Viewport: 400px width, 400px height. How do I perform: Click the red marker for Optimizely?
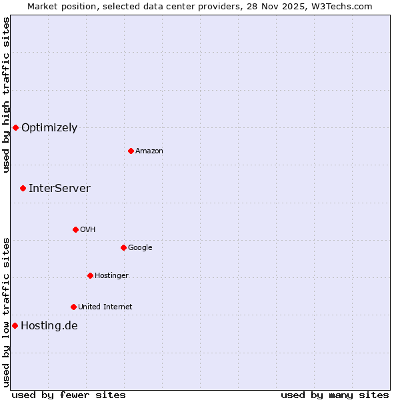pyautogui.click(x=15, y=127)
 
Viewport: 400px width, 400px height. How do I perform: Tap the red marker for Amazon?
pyautogui.click(x=131, y=151)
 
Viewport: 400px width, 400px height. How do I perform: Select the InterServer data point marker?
pyautogui.click(x=23, y=188)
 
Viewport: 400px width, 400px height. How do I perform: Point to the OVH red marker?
pyautogui.click(x=75, y=229)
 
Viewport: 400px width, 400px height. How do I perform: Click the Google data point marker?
pyautogui.click(x=123, y=247)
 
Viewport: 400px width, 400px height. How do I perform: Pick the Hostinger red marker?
pyautogui.click(x=90, y=275)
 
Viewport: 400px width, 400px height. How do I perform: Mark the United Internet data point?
pyautogui.click(x=73, y=307)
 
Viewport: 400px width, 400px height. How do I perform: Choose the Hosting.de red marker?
pyautogui.click(x=15, y=325)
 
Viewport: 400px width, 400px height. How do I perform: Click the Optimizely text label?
pyautogui.click(x=49, y=128)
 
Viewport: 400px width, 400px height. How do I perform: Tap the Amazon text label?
pyautogui.click(x=149, y=151)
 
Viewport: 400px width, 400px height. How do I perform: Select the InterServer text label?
pyautogui.click(x=59, y=189)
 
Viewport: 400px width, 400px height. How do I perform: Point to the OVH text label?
pyautogui.click(x=88, y=230)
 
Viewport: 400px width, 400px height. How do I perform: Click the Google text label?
pyautogui.click(x=140, y=248)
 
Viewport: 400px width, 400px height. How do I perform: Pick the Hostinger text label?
pyautogui.click(x=111, y=276)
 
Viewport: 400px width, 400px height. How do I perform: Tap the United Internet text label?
pyautogui.click(x=105, y=307)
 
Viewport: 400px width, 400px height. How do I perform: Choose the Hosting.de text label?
pyautogui.click(x=49, y=326)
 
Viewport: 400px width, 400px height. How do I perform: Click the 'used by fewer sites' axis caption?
pyautogui.click(x=69, y=395)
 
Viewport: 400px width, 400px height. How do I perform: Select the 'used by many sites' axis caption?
pyautogui.click(x=335, y=395)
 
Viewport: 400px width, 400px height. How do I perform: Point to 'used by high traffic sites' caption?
pyautogui.click(x=6, y=95)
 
